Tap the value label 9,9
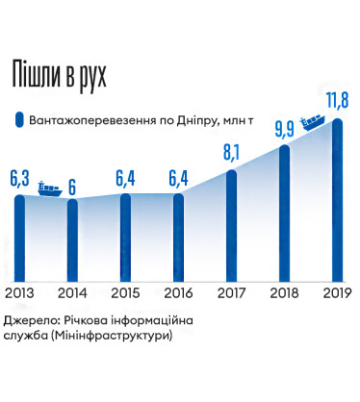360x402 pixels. point(285,127)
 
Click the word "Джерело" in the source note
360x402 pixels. point(31,319)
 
